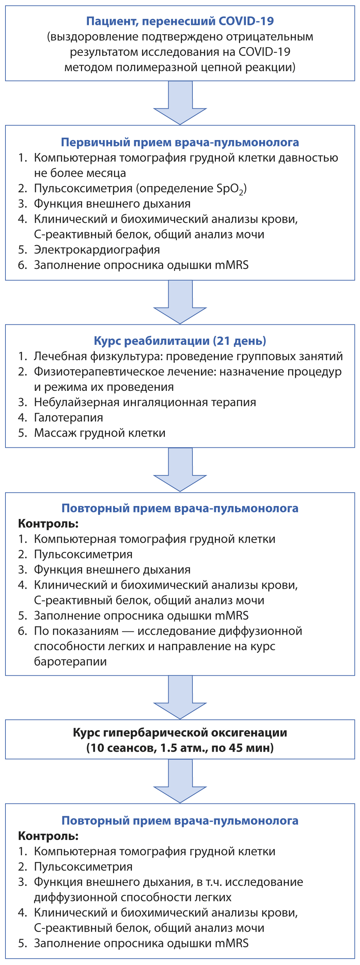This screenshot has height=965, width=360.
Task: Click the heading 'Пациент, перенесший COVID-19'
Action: [x=180, y=21]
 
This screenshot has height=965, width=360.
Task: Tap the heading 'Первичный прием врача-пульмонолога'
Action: [x=180, y=142]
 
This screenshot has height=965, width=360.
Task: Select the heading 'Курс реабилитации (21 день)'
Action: [x=180, y=340]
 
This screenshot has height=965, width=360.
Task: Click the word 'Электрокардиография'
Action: [x=97, y=249]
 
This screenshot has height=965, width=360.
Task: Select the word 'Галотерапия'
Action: [x=68, y=417]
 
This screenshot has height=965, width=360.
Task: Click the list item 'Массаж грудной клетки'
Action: [x=100, y=433]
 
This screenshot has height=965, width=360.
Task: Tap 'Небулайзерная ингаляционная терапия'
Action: [x=145, y=402]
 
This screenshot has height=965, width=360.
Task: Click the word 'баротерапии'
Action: [x=71, y=661]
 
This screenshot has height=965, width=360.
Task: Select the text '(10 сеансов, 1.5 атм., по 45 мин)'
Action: [x=180, y=748]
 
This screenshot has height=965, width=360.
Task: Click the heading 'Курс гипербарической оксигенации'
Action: [x=180, y=732]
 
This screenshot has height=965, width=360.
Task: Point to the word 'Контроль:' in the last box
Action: [x=48, y=836]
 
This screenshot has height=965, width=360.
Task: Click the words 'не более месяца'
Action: [x=80, y=173]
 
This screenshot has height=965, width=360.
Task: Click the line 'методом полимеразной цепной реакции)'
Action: [x=180, y=67]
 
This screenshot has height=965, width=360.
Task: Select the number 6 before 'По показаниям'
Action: [x=22, y=631]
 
